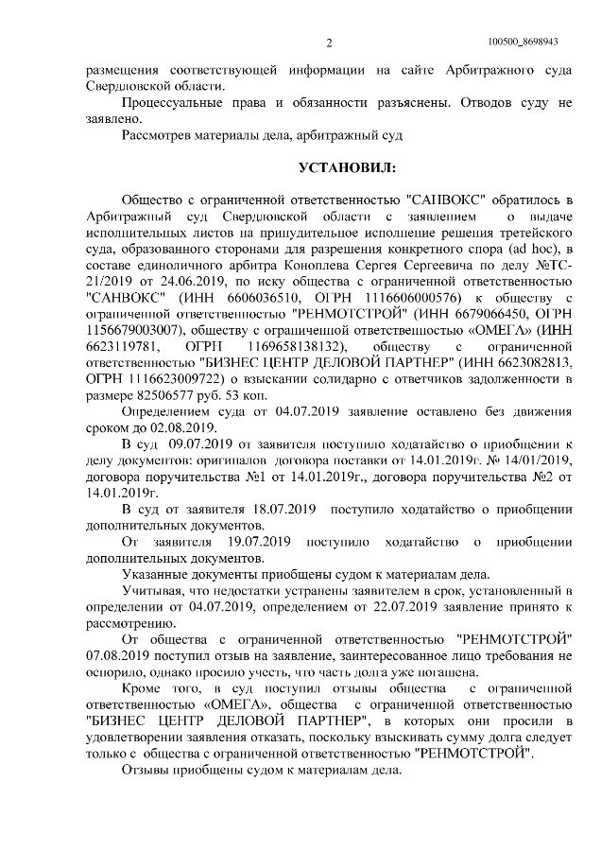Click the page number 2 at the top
pyautogui.click(x=330, y=43)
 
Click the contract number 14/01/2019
pyautogui.click(x=528, y=460)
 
